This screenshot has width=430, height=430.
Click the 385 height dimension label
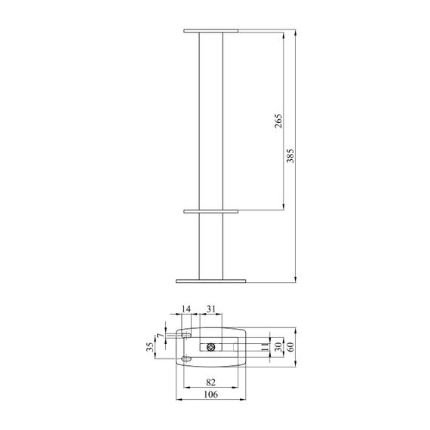point(290,155)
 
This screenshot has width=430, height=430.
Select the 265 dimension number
point(278,121)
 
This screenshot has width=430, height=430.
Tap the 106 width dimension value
point(211,395)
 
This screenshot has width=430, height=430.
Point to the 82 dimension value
point(210,382)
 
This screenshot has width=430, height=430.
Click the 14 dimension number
point(186,309)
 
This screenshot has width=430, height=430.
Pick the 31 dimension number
point(211,309)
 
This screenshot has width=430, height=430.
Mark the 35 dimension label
point(150,347)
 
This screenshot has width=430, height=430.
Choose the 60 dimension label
point(290,347)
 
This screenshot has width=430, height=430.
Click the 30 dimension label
point(278,347)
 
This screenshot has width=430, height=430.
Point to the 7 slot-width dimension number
point(160,336)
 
